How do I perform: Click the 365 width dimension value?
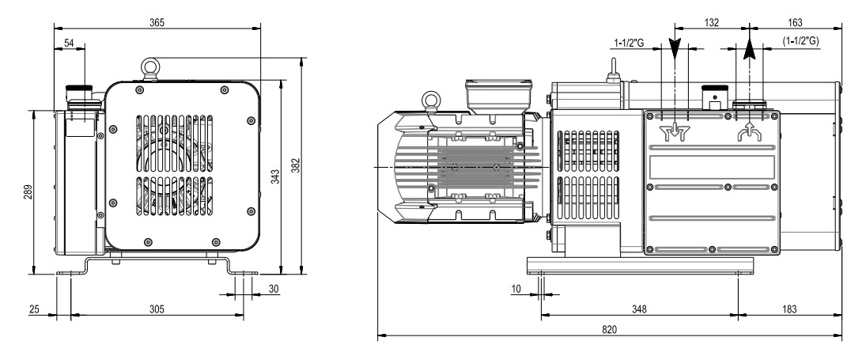tap(157, 23)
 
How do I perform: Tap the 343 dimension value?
tap(274, 176)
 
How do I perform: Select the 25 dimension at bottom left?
tap(34, 309)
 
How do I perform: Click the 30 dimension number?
tap(274, 289)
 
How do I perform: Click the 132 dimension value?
tap(711, 23)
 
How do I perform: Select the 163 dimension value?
tap(794, 23)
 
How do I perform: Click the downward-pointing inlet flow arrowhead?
tap(674, 51)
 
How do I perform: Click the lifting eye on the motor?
tap(429, 99)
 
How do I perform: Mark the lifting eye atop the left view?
tap(149, 63)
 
